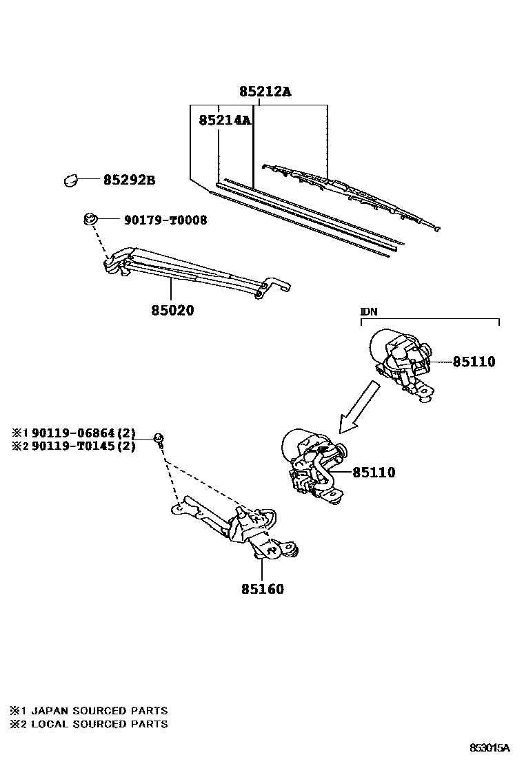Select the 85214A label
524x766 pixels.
coord(224,121)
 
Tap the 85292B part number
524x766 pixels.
coord(129,181)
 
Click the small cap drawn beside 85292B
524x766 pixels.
coord(70,180)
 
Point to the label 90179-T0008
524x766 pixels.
coord(165,220)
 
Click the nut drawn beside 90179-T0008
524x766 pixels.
coord(89,220)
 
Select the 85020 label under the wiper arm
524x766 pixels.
coord(172,311)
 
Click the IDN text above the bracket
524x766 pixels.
coord(369,311)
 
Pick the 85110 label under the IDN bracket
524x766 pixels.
coord(474,362)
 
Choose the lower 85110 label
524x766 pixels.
coord(374,473)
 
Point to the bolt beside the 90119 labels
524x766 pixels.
coord(159,438)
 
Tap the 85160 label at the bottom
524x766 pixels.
coord(263,589)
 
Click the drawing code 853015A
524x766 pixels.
coord(490,747)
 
